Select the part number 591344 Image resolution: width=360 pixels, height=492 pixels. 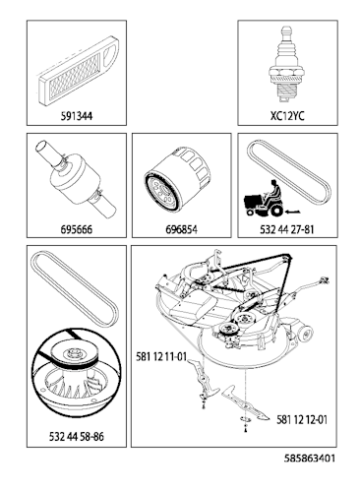pyautogui.click(x=76, y=115)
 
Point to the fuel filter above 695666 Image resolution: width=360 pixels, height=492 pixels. pyautogui.click(x=73, y=179)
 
